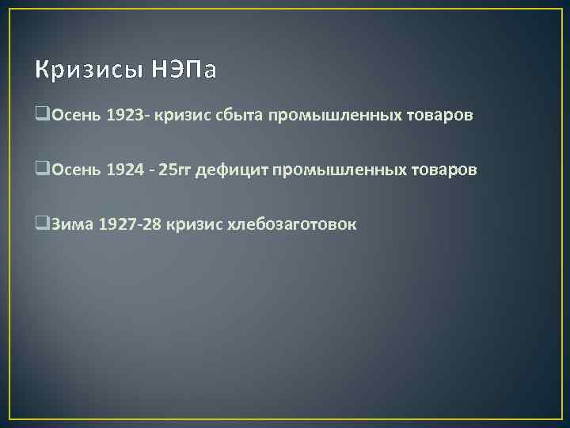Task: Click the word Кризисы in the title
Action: pos(88,71)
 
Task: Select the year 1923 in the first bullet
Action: pos(126,116)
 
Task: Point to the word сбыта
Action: pos(241,116)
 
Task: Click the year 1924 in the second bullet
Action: pos(126,170)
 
